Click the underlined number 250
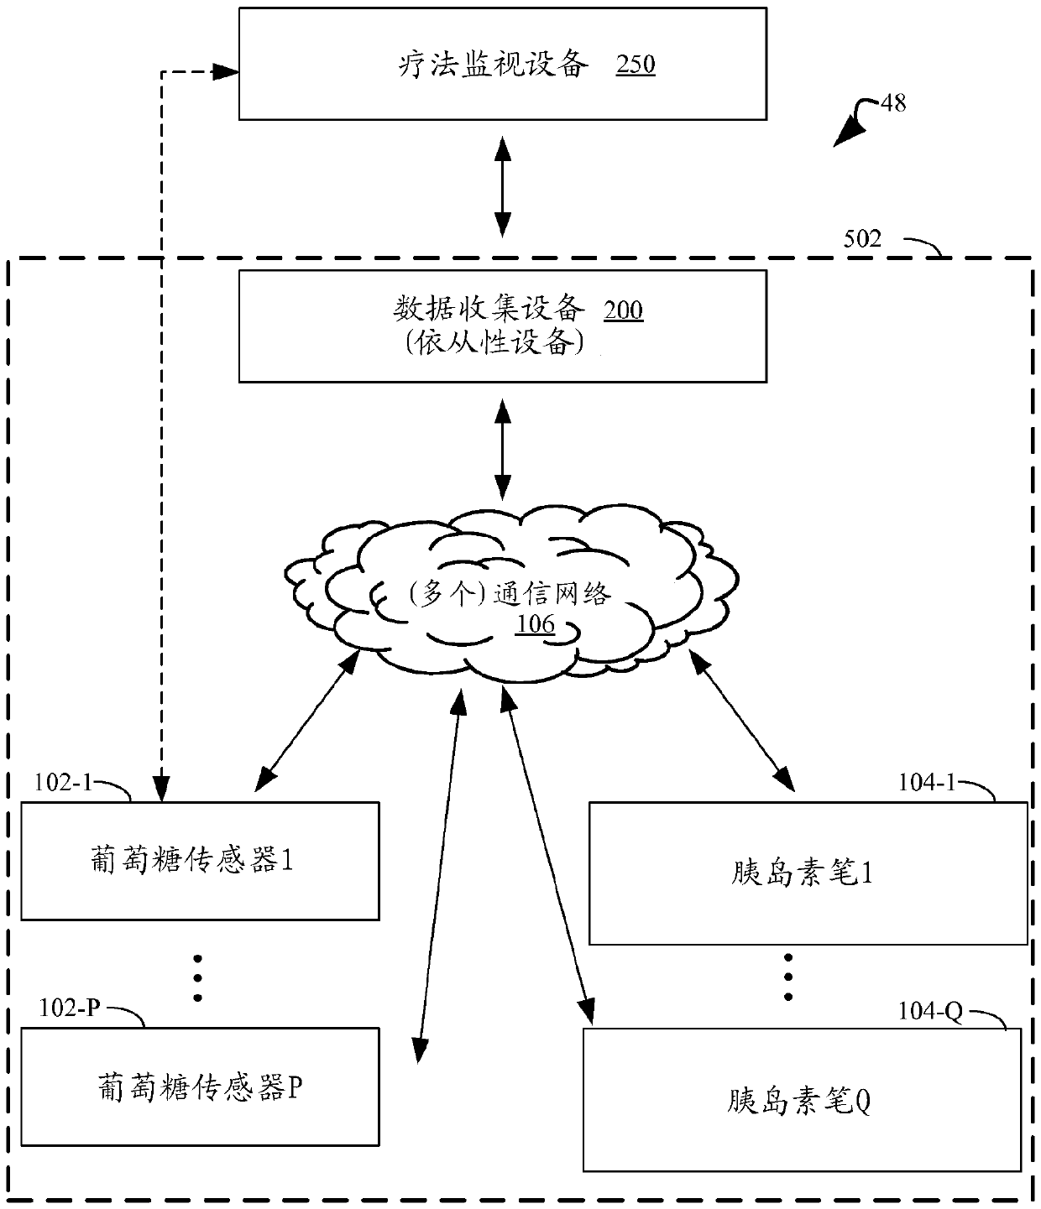point(635,65)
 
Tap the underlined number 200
point(623,310)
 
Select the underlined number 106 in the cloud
point(535,624)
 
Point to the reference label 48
point(893,103)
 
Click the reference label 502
point(862,238)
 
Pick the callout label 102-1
point(63,783)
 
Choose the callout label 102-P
point(70,1007)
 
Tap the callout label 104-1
point(927,783)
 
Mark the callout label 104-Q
point(930,1011)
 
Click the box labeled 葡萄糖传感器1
point(200,861)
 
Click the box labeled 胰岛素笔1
point(808,873)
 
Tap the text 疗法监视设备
point(494,65)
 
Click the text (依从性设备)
point(494,343)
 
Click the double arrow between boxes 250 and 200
point(503,186)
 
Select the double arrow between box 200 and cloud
point(503,449)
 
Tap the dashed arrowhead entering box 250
point(226,72)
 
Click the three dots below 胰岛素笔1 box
point(788,977)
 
